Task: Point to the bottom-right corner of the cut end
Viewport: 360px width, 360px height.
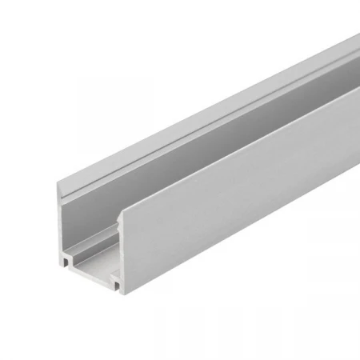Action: tap(122, 290)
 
